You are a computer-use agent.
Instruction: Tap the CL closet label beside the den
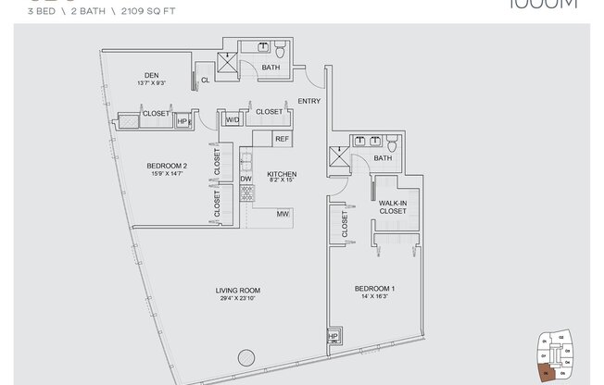pos(205,81)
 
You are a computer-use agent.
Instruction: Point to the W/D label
pos(232,120)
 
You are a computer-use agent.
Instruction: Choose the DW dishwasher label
pos(246,179)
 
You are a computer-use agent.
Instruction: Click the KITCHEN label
pos(281,174)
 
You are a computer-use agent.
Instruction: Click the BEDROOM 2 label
pos(166,167)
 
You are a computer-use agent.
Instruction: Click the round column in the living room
pos(245,355)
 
